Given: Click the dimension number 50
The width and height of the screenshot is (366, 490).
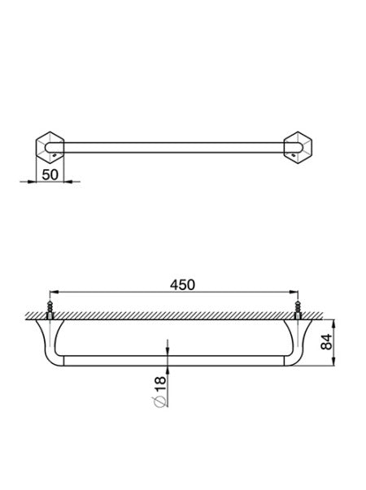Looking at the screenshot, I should click(50, 174).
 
